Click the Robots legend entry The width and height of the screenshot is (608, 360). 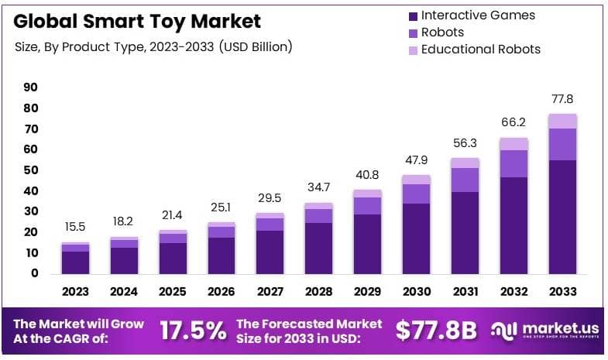(x=442, y=33)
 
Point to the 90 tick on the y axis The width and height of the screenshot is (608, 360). (x=30, y=87)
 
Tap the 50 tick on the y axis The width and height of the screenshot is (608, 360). (x=30, y=170)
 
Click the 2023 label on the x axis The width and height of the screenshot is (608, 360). (x=75, y=292)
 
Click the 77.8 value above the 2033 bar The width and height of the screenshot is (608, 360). (x=562, y=100)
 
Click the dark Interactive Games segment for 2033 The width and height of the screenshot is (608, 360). (x=562, y=217)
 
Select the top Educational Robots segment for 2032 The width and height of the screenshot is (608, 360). (x=514, y=144)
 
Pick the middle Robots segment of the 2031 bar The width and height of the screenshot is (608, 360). (x=465, y=180)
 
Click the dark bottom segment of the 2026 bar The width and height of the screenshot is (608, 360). (x=222, y=255)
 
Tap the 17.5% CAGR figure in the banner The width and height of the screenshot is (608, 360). (x=192, y=331)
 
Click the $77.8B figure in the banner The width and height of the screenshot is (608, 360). (x=435, y=331)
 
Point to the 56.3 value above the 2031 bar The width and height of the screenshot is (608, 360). (x=465, y=142)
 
